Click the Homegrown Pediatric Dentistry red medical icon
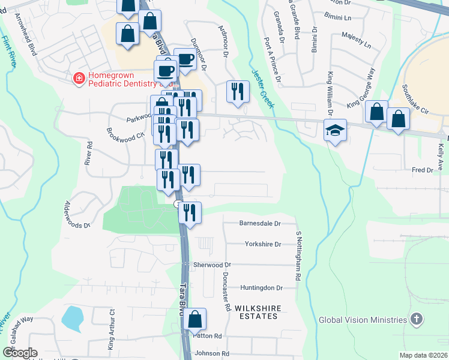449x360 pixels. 78,78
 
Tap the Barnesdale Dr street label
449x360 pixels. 260,224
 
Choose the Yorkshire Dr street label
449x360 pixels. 263,244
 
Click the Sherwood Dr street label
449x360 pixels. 212,265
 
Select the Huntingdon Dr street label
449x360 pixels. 261,288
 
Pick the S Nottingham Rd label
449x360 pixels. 298,256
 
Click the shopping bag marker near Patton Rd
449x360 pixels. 195,320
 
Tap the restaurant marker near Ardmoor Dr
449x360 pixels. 238,92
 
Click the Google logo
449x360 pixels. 19,353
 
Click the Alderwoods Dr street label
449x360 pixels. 77,215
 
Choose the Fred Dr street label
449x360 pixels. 422,170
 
